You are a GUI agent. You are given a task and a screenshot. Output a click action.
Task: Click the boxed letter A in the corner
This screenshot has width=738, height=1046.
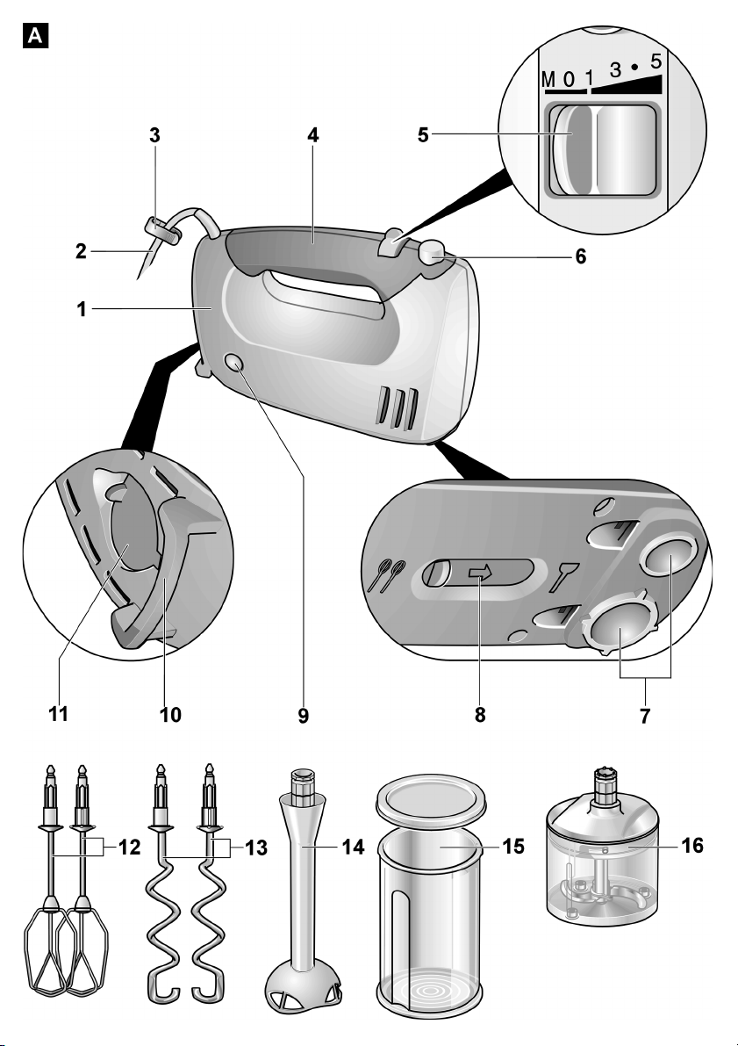pos(35,35)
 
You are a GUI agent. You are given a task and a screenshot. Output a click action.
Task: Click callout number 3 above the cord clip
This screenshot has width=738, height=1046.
pos(154,135)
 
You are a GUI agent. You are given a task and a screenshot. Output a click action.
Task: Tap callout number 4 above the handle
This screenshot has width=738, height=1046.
pos(312,135)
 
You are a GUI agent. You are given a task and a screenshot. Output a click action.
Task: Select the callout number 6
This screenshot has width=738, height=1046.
pos(581,256)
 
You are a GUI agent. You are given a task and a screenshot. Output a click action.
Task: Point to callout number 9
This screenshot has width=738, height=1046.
pos(304,716)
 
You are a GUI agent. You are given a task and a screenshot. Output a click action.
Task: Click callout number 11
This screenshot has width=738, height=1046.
pos(59,714)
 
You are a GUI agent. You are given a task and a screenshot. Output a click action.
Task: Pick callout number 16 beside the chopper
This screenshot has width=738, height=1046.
pos(692,845)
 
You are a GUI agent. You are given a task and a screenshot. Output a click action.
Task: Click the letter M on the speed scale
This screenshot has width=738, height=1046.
pos(548,80)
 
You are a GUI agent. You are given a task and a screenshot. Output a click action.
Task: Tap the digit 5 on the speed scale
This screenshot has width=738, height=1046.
pos(656,61)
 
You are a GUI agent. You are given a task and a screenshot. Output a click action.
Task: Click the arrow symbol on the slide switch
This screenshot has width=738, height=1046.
pos(480,573)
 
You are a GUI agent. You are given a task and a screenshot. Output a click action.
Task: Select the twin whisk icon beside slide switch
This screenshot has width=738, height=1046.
pos(387,575)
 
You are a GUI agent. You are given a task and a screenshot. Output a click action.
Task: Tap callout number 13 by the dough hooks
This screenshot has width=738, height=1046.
pos(256,848)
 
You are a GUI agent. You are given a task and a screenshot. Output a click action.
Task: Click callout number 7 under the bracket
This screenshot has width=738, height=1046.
pos(645,716)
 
